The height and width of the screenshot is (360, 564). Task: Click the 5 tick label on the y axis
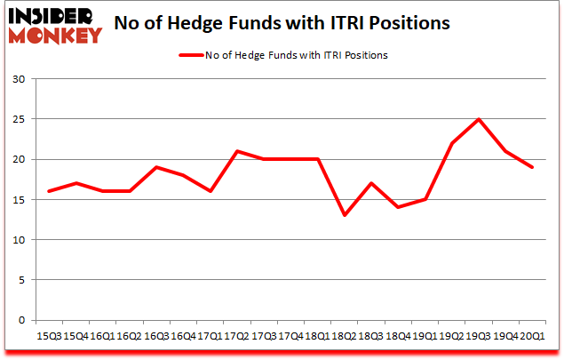click(22, 280)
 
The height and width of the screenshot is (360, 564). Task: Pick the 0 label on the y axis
click(22, 320)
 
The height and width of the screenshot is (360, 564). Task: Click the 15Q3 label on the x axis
click(49, 336)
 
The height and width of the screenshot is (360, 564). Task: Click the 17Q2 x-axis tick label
click(235, 336)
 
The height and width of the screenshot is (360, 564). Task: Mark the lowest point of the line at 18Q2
click(343, 215)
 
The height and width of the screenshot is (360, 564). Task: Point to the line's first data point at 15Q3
click(49, 191)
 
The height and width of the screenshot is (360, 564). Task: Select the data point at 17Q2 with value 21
click(235, 151)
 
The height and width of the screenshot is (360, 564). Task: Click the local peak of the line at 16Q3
click(155, 167)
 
